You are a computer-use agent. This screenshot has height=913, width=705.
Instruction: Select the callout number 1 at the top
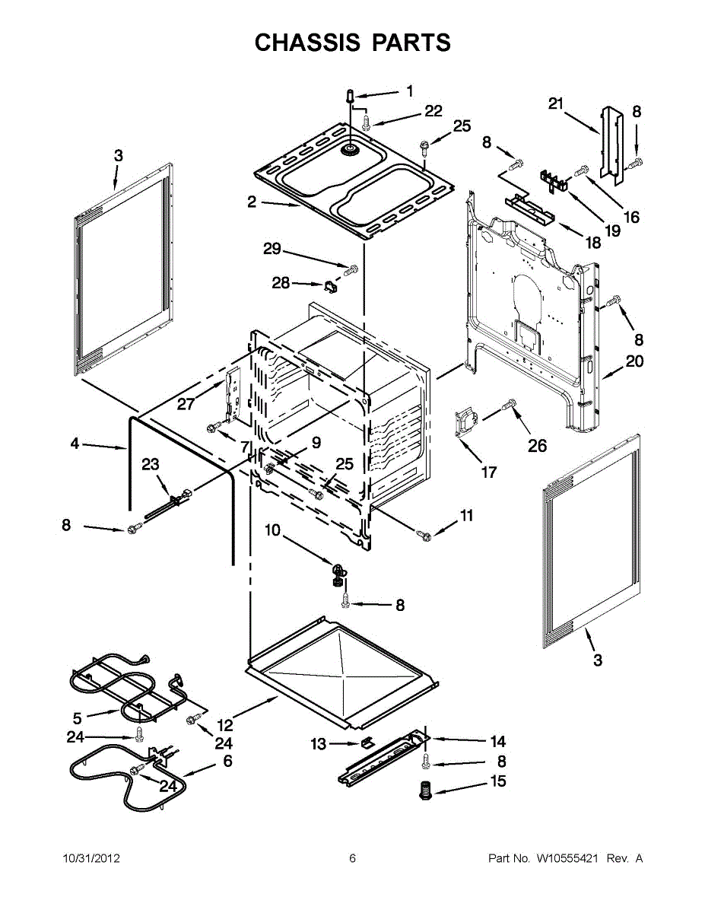pyautogui.click(x=410, y=91)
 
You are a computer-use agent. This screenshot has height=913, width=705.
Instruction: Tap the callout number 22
pyautogui.click(x=433, y=111)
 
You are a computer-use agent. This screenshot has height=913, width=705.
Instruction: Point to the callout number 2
pyautogui.click(x=252, y=202)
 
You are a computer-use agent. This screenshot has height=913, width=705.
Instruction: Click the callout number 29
pyautogui.click(x=272, y=249)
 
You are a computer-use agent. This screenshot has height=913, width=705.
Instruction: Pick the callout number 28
pyautogui.click(x=281, y=283)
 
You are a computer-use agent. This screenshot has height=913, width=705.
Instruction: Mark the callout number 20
pyautogui.click(x=635, y=361)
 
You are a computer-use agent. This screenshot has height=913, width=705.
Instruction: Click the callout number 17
pyautogui.click(x=489, y=472)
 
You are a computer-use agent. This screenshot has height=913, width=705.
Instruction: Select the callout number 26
pyautogui.click(x=537, y=446)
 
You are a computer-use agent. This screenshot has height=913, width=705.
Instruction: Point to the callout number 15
pyautogui.click(x=497, y=781)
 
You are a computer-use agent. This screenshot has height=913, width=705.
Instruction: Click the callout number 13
pyautogui.click(x=318, y=744)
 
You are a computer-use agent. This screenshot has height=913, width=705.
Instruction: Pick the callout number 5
pyautogui.click(x=77, y=717)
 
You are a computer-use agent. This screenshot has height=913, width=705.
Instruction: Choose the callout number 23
pyautogui.click(x=151, y=463)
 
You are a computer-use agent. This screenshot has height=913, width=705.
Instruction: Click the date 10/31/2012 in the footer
pyautogui.click(x=91, y=859)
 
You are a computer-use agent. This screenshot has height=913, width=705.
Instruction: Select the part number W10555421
pyautogui.click(x=567, y=859)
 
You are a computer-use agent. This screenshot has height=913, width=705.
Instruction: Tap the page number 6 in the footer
pyautogui.click(x=352, y=859)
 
